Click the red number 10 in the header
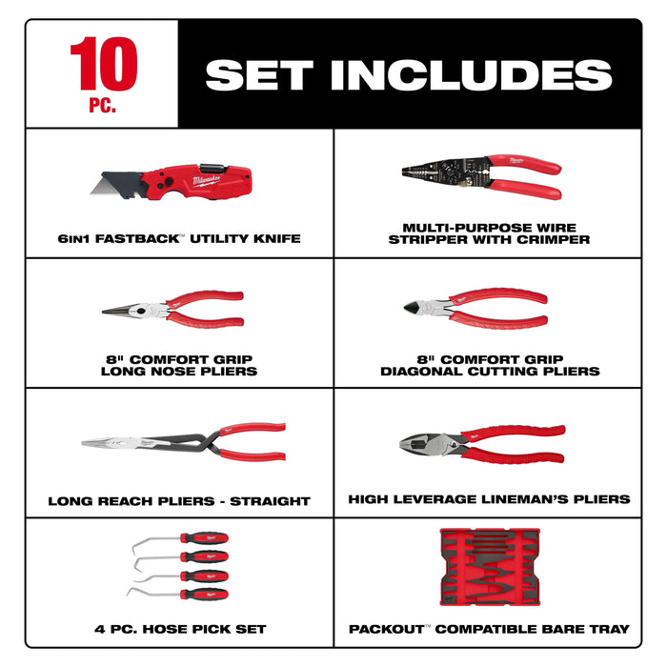tap(103, 66)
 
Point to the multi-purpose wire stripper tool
tap(481, 177)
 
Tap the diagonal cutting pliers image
tap(476, 308)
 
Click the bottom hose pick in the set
tap(181, 592)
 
